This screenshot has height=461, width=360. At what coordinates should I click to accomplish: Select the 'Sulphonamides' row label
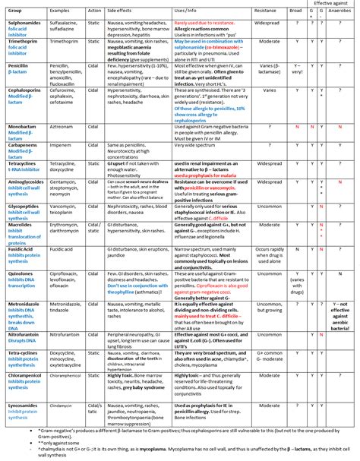23,24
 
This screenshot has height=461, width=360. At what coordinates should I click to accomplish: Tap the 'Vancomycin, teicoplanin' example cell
66,208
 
